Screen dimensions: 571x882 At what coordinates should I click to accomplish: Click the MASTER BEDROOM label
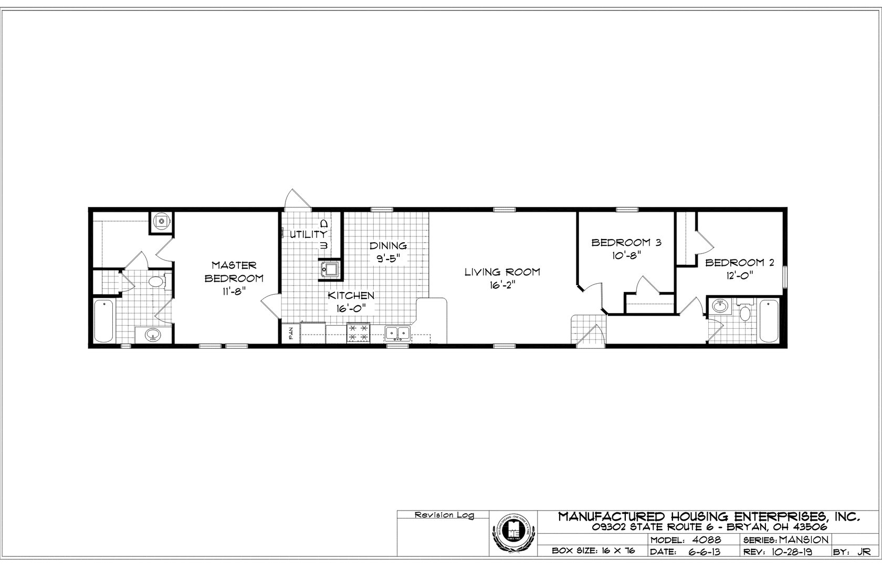click(x=234, y=271)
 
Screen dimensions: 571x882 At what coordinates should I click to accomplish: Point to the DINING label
click(x=387, y=245)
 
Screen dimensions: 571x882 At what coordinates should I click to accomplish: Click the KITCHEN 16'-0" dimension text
click(x=351, y=309)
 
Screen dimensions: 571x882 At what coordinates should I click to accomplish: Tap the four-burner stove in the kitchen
click(x=359, y=334)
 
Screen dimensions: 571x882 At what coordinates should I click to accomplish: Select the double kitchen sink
click(x=397, y=333)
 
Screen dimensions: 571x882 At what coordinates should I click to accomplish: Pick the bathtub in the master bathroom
click(x=103, y=320)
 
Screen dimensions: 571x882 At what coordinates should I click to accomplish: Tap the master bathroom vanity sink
click(x=153, y=335)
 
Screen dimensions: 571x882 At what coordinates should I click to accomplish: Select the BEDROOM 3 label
click(x=626, y=243)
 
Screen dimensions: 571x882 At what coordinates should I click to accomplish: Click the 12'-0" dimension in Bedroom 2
click(x=739, y=276)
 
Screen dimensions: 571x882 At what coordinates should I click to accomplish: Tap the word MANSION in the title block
click(x=804, y=540)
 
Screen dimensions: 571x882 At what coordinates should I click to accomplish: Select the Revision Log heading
click(x=444, y=515)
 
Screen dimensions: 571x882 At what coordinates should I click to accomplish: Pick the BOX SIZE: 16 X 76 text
click(x=594, y=552)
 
